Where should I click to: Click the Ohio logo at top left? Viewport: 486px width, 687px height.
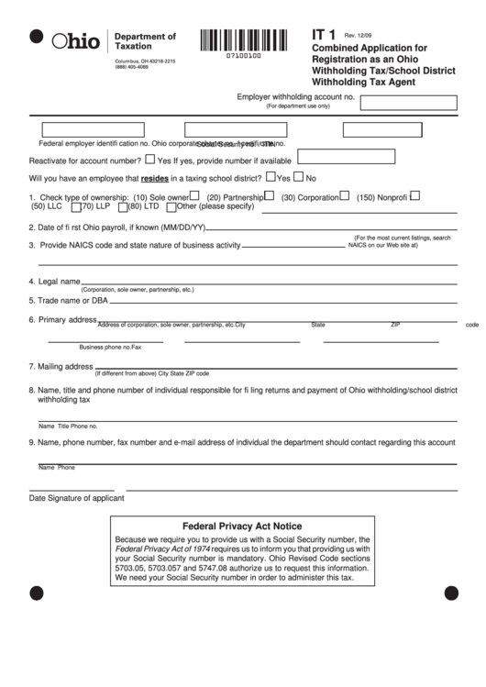pos(76,41)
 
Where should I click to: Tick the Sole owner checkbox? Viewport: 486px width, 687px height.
pos(194,196)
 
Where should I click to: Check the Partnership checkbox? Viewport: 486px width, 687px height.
pos(270,196)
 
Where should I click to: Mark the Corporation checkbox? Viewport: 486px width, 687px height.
pos(344,196)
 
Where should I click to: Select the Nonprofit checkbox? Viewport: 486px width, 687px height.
pos(414,196)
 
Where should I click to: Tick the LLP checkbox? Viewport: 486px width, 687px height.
pos(76,206)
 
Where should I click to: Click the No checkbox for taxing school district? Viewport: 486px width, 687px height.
pos(299,177)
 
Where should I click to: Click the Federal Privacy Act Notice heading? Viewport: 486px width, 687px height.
pos(242,527)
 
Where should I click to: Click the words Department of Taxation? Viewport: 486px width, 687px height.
pos(145,41)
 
